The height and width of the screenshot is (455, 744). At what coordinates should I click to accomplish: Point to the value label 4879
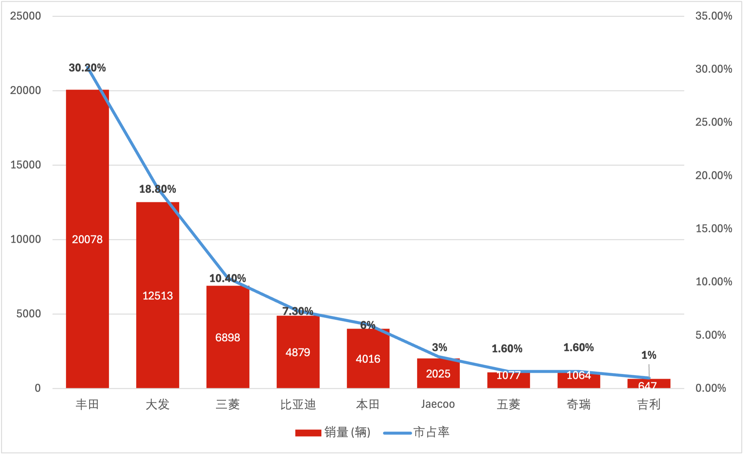tap(298, 352)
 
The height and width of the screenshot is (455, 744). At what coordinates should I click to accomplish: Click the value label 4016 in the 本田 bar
tap(368, 359)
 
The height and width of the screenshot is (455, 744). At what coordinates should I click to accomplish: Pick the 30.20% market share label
tap(87, 68)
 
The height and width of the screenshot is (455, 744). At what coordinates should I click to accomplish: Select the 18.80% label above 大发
tap(158, 189)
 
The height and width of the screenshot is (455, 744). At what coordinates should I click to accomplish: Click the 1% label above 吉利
tap(649, 355)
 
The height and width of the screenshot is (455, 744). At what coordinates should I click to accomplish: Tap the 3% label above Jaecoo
tap(440, 347)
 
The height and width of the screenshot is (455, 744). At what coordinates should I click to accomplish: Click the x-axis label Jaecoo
tap(438, 404)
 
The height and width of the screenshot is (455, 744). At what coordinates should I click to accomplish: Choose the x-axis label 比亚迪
tap(298, 405)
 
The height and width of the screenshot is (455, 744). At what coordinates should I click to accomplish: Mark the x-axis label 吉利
tap(649, 405)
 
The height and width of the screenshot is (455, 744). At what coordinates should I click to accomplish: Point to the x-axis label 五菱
tap(508, 405)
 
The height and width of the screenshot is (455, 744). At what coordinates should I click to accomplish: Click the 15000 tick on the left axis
tap(26, 165)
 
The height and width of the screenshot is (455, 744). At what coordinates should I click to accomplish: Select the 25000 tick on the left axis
tap(26, 16)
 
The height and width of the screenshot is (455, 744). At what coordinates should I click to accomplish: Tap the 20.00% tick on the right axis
tap(714, 175)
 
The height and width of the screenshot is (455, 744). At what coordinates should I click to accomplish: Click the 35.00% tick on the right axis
tap(714, 16)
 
